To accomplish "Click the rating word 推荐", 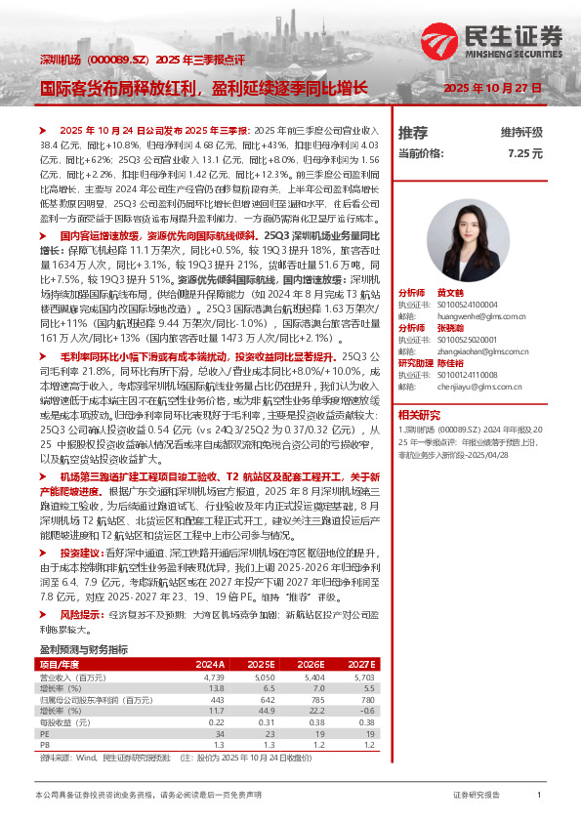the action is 413,132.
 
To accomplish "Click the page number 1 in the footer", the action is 539,795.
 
